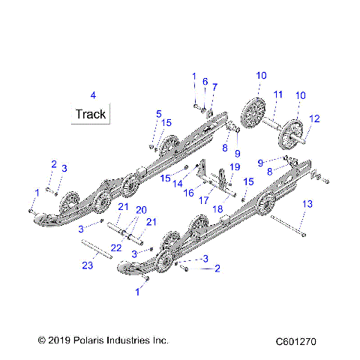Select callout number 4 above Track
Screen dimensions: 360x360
93,95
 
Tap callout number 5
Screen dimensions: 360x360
158,113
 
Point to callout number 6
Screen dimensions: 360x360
205,81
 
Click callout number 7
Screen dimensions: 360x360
214,87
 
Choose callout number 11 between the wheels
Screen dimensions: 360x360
277,94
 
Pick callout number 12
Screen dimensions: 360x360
314,118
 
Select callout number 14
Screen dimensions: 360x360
178,183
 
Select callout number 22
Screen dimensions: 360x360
116,247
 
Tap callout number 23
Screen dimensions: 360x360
87,264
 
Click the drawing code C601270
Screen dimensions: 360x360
295,340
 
